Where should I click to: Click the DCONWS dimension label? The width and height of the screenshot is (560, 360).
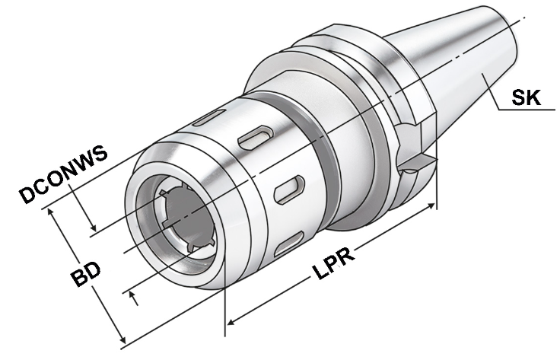pyautogui.click(x=64, y=174)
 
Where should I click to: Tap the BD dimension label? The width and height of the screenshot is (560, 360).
pyautogui.click(x=85, y=273)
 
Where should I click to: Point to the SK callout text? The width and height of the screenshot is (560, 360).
pyautogui.click(x=526, y=97)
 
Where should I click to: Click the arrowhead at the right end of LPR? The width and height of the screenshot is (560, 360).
pyautogui.click(x=431, y=206)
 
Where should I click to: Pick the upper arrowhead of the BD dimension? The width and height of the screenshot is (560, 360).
pyautogui.click(x=50, y=212)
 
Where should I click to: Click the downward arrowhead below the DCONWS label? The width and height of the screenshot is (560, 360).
pyautogui.click(x=94, y=227)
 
